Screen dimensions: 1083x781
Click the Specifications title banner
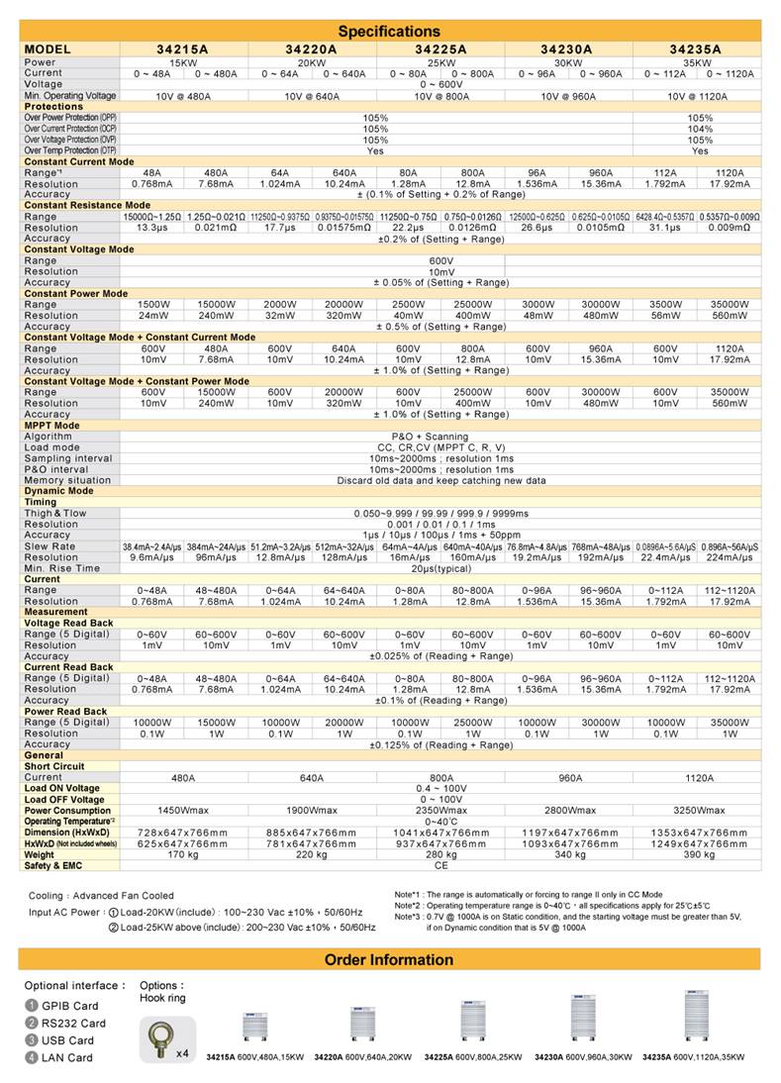(390, 32)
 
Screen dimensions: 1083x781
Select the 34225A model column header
(440, 48)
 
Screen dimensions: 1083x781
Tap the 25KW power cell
(440, 62)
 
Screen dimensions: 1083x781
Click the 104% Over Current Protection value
(700, 129)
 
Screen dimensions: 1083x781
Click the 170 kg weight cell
(183, 854)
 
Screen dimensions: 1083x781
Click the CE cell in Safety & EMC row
(440, 865)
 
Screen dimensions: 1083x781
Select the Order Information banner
(390, 959)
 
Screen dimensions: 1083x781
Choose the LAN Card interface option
(65, 1057)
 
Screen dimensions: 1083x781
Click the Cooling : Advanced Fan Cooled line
(101, 895)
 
